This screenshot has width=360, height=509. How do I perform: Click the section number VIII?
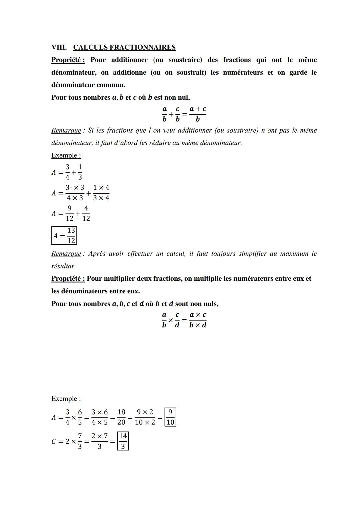[59, 47]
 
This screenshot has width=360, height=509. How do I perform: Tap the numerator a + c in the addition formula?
[198, 109]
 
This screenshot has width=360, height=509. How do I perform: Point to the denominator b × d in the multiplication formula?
[198, 325]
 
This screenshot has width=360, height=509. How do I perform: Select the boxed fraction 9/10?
[170, 417]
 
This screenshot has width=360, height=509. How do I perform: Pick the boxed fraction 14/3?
[123, 441]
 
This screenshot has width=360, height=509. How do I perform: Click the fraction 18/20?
[121, 417]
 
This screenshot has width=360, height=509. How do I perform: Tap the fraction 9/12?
[69, 213]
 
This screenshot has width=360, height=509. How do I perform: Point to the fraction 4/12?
[86, 213]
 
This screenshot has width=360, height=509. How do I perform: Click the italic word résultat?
[63, 266]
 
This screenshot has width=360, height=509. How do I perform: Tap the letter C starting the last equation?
[54, 441]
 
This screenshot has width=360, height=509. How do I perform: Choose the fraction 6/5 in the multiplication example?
[80, 417]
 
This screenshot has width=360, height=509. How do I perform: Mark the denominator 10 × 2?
[145, 422]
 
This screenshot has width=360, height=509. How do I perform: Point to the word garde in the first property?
[298, 73]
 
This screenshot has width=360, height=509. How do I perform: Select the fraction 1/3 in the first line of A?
[80, 172]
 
